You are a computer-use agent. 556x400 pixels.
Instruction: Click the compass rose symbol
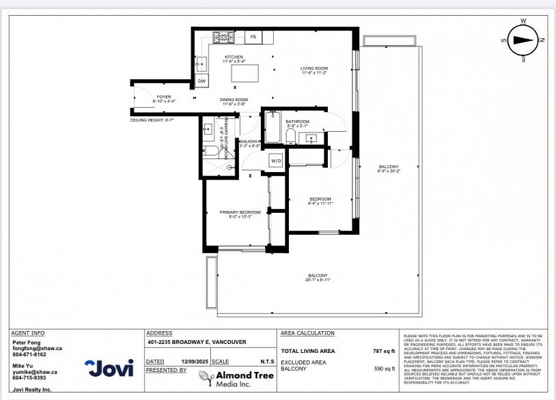pos(523,40)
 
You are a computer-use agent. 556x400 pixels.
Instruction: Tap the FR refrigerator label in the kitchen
pos(253,36)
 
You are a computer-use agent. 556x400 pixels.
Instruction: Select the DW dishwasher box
pos(201,81)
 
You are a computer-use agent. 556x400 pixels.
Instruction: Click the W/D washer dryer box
pos(276,161)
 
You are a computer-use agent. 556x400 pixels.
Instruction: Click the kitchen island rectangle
pos(244,72)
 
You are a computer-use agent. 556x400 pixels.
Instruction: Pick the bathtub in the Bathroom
pos(273,127)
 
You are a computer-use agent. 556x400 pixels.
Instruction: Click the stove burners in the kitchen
pos(223,36)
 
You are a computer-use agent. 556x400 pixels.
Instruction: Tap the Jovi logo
pos(109,369)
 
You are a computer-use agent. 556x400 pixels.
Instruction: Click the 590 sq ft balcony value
pos(383,369)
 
